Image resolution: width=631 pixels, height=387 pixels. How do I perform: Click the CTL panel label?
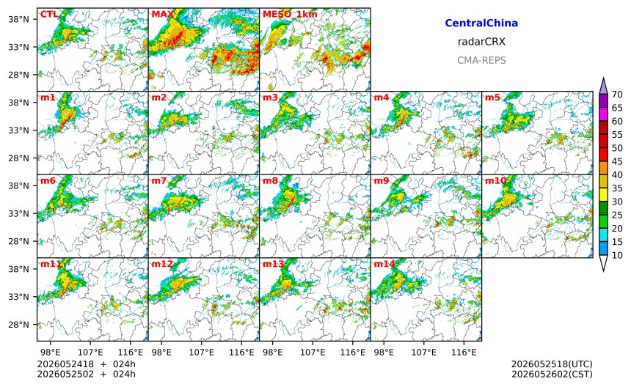point(48,15)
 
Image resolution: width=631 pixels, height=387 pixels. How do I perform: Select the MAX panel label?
point(163,15)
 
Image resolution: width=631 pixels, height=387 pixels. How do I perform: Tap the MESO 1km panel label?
point(290,15)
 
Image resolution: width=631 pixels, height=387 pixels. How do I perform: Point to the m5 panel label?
point(492,97)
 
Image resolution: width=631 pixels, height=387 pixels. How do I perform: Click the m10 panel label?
point(495,180)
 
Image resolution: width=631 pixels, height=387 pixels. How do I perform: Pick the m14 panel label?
point(384,264)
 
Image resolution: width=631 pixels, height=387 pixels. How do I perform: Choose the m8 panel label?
point(271,180)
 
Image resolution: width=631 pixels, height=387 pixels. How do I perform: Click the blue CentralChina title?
point(481,23)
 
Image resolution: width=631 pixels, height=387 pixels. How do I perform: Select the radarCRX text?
point(481,41)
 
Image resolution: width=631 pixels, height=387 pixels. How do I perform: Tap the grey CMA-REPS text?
point(481,60)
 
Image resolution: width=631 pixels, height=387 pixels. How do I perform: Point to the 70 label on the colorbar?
point(617,95)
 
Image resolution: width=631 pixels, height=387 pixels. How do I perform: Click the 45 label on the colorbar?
point(617,161)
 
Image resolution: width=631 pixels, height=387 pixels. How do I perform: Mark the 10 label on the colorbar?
point(617,255)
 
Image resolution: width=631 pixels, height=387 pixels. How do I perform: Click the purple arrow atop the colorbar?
point(603,86)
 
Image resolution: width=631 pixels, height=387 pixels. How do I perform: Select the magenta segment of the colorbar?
point(603,114)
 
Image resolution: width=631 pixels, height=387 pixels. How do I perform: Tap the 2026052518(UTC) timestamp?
point(552,364)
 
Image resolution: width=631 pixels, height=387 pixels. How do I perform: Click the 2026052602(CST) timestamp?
point(552,374)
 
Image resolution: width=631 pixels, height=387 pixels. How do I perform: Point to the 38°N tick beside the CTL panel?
point(19,19)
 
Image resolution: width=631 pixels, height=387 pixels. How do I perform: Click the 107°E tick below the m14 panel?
point(424,353)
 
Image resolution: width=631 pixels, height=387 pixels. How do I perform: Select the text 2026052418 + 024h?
point(86,364)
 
